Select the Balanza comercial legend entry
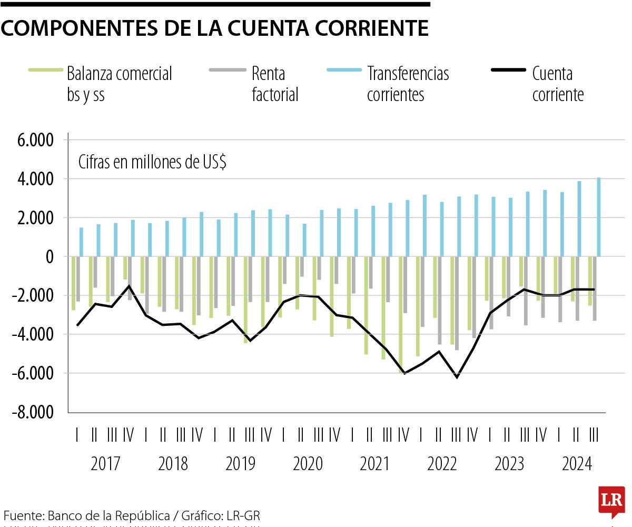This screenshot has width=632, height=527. [119, 84]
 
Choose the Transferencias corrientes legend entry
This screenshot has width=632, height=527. [408, 84]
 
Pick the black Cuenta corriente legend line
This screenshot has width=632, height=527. [508, 70]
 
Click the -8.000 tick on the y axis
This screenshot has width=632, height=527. [33, 412]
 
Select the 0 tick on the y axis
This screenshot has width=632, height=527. [50, 257]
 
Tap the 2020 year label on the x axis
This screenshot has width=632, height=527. [308, 464]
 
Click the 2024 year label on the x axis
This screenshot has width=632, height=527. [577, 464]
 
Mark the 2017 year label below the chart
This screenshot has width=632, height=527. [105, 464]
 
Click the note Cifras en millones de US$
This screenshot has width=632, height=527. [152, 163]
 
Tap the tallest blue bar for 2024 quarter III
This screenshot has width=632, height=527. [599, 217]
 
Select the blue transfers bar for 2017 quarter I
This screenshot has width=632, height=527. [81, 242]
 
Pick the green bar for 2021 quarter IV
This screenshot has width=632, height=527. [400, 314]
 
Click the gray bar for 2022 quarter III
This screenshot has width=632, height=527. [457, 303]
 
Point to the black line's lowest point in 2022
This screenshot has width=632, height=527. [457, 377]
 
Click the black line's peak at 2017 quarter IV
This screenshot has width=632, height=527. [129, 286]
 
